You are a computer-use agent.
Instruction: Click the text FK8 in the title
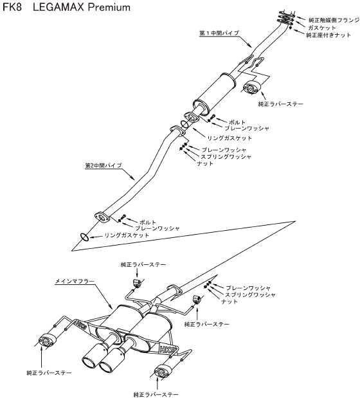click(12, 7)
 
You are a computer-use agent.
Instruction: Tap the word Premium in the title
click(109, 7)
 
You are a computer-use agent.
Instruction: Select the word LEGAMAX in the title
click(59, 7)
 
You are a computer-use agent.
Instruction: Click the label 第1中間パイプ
click(219, 33)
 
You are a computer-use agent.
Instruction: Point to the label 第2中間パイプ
click(104, 165)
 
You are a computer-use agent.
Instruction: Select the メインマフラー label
click(75, 281)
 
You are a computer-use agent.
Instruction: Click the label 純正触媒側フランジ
click(334, 20)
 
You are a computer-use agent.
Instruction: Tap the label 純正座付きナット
click(328, 35)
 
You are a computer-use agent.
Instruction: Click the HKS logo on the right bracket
click(167, 350)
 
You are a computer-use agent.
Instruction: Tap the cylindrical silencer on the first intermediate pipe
click(215, 92)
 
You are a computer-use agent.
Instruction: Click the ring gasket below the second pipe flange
click(84, 237)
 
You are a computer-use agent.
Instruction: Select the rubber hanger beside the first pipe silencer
click(252, 87)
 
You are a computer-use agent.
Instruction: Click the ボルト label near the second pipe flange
click(148, 222)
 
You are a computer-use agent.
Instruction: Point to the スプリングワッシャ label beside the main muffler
click(250, 294)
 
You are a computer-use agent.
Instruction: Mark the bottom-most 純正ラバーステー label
click(156, 394)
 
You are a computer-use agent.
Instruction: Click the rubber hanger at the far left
click(46, 340)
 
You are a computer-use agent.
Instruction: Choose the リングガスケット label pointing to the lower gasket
click(127, 235)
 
